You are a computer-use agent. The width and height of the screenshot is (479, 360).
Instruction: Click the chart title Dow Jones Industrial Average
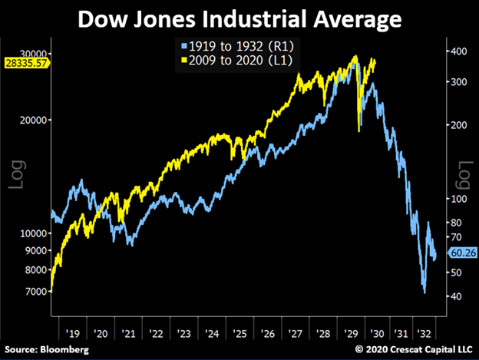(240, 18)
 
